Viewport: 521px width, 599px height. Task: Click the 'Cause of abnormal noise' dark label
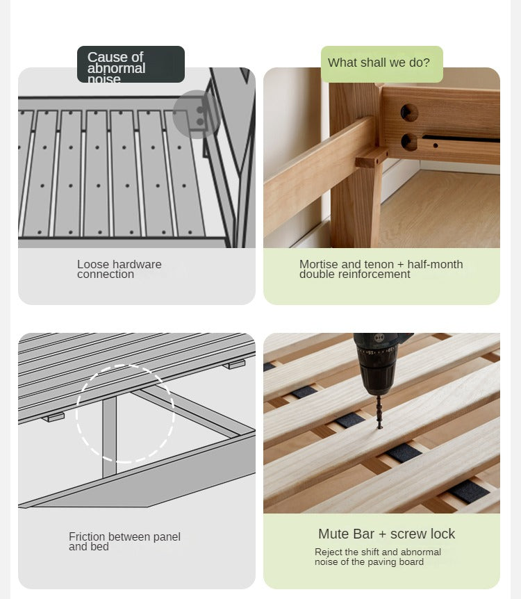pyautogui.click(x=131, y=64)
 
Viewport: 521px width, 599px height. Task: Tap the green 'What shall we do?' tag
pyautogui.click(x=382, y=64)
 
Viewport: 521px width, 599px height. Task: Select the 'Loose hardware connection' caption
pyautogui.click(x=119, y=270)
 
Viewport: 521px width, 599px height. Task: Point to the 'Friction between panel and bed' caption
pyautogui.click(x=124, y=542)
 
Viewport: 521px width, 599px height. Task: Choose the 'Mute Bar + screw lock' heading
pyautogui.click(x=386, y=534)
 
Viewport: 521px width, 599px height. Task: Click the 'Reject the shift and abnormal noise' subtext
pyautogui.click(x=378, y=557)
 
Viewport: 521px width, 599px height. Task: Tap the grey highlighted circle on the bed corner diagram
pyautogui.click(x=196, y=114)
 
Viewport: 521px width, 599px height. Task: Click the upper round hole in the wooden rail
pyautogui.click(x=409, y=113)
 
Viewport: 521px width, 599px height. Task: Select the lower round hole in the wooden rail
pyautogui.click(x=408, y=142)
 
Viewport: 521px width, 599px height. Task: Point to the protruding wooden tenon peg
pyautogui.click(x=371, y=158)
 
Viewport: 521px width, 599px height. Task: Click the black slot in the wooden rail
pyautogui.click(x=461, y=138)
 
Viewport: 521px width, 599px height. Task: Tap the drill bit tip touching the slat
pyautogui.click(x=380, y=427)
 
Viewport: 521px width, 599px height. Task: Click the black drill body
pyautogui.click(x=378, y=363)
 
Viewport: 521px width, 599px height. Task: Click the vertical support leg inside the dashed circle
pyautogui.click(x=109, y=436)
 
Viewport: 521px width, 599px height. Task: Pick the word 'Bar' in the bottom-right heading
pyautogui.click(x=363, y=534)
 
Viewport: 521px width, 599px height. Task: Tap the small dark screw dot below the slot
pyautogui.click(x=436, y=145)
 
